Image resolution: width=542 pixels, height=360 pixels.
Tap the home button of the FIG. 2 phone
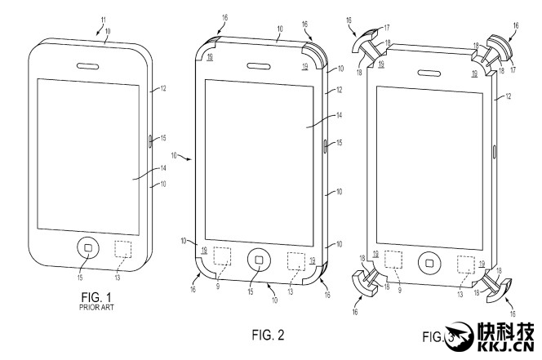pos(259,260)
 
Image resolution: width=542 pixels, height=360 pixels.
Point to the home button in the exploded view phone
pos(429,262)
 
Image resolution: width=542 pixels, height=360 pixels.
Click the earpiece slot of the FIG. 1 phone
pos(88,65)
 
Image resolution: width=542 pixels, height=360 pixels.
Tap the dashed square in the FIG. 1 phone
pos(124,250)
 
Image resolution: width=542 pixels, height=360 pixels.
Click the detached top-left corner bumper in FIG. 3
pos(365,38)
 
